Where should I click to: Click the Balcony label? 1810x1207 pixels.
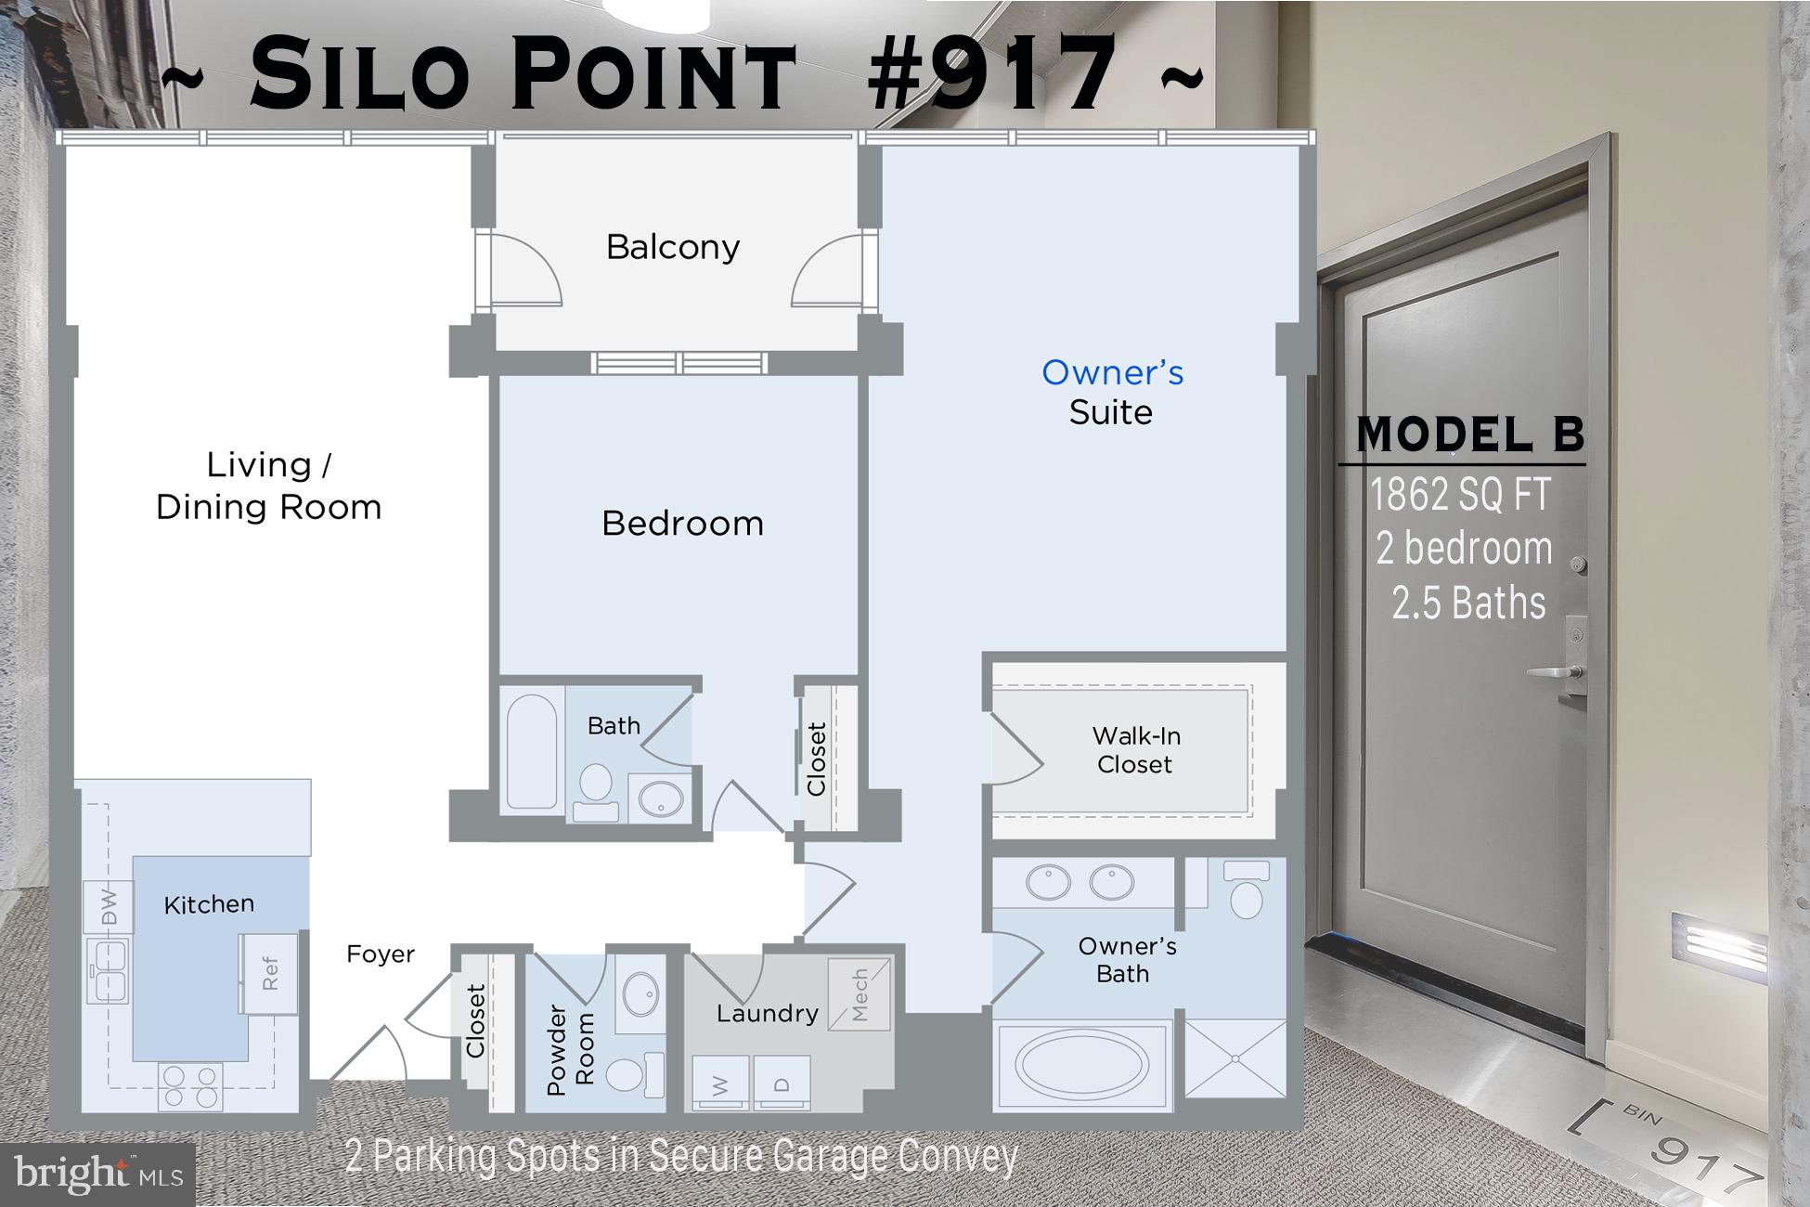(673, 247)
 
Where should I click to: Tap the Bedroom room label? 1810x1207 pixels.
(682, 524)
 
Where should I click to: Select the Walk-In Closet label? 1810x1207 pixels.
(1135, 750)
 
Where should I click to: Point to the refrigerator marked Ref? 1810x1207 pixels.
(269, 973)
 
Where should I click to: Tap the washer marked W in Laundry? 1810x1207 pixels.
(721, 1083)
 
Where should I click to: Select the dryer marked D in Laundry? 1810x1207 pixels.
(782, 1083)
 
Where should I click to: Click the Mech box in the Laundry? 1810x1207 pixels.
(860, 994)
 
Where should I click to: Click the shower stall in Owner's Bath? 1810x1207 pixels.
(1235, 1058)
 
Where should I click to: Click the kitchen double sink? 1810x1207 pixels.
(108, 970)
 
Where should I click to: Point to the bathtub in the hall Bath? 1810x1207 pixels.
(532, 752)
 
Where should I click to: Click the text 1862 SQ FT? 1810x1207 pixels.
(1460, 494)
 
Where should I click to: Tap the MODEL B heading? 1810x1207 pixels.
(1469, 435)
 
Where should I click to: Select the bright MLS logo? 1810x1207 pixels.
(97, 1175)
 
